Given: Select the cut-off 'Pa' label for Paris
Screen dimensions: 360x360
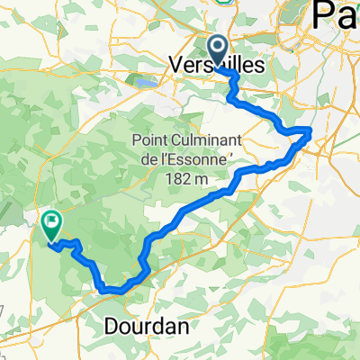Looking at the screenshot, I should coord(336,16).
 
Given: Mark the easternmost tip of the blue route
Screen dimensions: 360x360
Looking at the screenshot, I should coord(310,131).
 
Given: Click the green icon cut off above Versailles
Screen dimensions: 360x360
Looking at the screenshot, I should coord(223,2).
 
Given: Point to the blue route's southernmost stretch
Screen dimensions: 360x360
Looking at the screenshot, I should coord(112,289).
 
